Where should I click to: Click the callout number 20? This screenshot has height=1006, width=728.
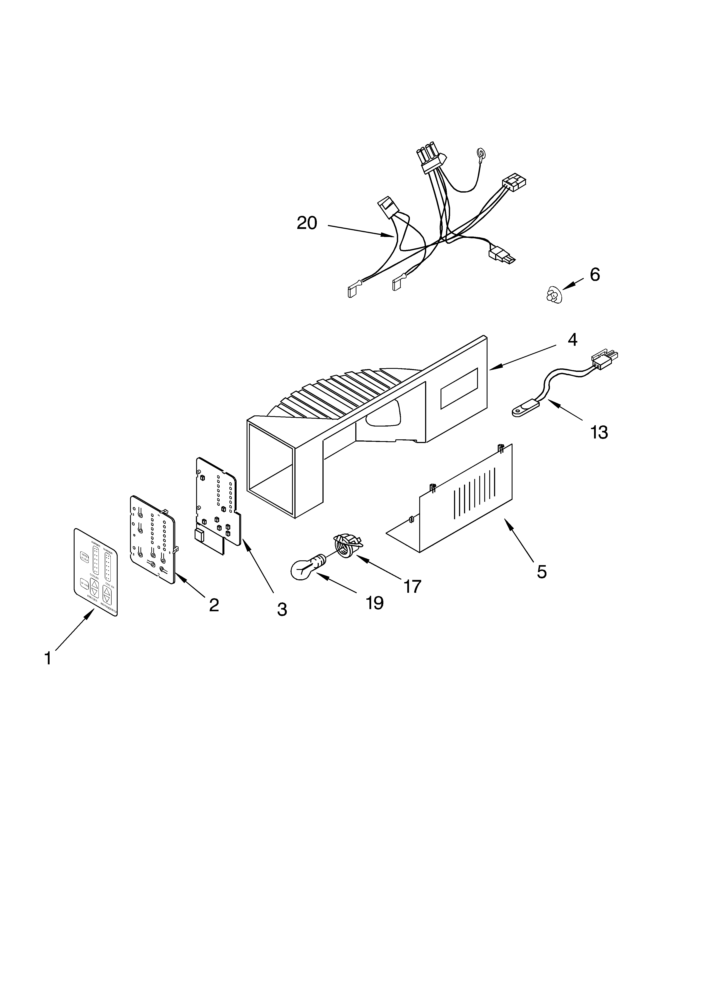tap(307, 223)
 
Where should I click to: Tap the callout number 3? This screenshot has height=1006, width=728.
tap(282, 610)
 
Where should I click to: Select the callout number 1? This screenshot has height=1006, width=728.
tap(48, 671)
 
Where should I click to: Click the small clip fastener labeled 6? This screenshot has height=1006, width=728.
tap(553, 295)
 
